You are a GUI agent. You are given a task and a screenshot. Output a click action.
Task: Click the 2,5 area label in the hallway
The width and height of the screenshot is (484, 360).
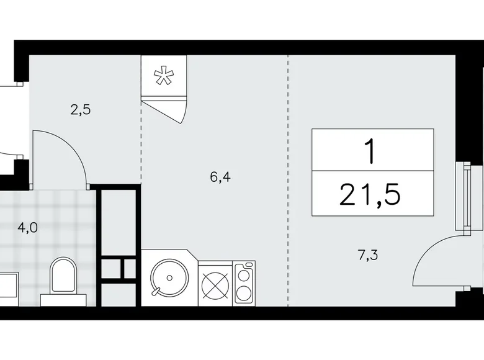(81, 110)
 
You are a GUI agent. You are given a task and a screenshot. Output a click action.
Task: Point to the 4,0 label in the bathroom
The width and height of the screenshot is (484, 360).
(27, 227)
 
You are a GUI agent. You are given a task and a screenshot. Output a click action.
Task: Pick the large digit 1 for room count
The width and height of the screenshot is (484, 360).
(371, 151)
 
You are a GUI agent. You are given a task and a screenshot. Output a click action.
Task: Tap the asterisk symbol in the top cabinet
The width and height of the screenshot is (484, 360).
(164, 78)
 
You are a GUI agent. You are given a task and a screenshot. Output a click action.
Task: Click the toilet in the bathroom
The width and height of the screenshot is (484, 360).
(63, 278)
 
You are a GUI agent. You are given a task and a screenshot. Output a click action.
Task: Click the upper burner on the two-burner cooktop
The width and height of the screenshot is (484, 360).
(244, 274)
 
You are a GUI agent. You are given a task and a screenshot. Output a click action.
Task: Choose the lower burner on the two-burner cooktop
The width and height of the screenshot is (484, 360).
(244, 294)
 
